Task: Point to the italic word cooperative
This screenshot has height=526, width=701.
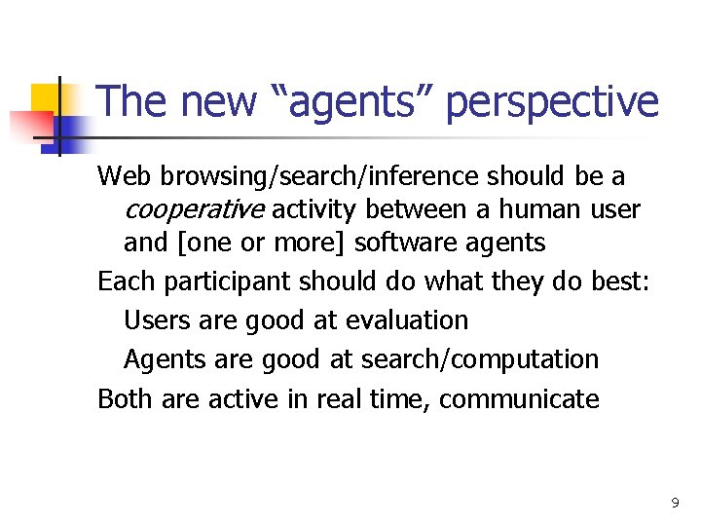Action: [194, 209]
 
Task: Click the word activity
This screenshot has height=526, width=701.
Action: [318, 209]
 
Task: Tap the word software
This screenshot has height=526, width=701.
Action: [414, 243]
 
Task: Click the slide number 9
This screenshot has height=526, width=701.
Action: [675, 504]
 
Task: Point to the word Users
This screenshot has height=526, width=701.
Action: [156, 319]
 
